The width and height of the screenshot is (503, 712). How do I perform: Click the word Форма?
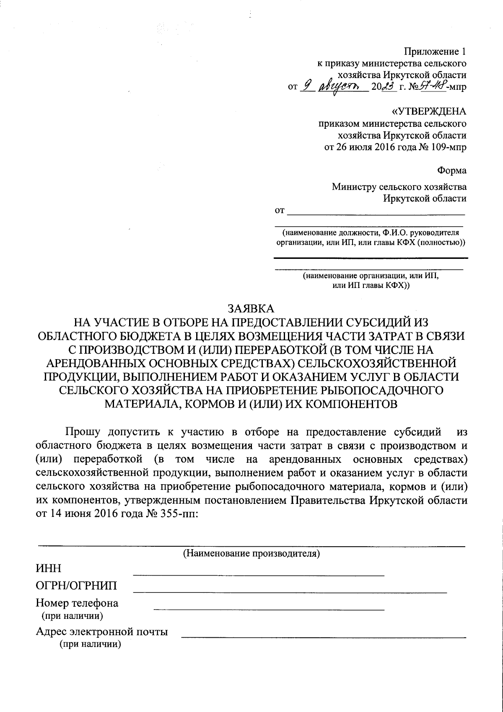tap(451, 171)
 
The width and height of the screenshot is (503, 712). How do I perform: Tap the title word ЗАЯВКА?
tap(251, 308)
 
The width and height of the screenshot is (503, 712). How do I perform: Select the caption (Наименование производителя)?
tap(251, 553)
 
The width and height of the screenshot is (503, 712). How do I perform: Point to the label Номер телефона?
tap(77, 604)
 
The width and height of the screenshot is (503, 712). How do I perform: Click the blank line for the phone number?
tap(268, 608)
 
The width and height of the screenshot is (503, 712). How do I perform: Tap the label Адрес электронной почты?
tap(102, 632)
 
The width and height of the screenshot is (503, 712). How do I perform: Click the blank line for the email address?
tap(323, 637)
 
